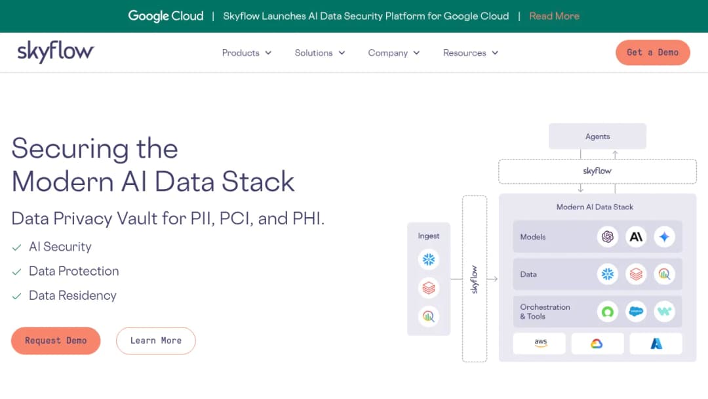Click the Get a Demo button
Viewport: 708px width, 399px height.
(x=652, y=52)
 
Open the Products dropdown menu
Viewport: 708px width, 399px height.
(x=246, y=53)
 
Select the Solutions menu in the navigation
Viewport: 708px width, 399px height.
(x=320, y=53)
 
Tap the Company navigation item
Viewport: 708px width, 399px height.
(x=394, y=53)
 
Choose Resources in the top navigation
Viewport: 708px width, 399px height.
(x=471, y=53)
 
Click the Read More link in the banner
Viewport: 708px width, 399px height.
(x=554, y=16)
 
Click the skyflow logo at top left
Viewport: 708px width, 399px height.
(x=56, y=51)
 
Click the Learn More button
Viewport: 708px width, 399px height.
(x=156, y=341)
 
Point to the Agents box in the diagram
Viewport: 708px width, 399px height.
(x=597, y=136)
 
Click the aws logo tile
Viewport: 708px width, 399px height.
(x=539, y=343)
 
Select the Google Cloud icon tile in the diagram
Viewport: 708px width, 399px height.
(x=597, y=343)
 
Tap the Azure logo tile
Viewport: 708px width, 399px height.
(x=656, y=343)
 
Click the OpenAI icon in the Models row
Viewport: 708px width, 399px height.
(x=607, y=236)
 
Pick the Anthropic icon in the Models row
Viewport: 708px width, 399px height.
(x=636, y=236)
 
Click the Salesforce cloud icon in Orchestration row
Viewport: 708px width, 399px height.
(x=636, y=311)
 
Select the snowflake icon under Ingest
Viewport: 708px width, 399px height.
(x=429, y=259)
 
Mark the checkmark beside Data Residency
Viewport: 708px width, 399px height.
(x=16, y=296)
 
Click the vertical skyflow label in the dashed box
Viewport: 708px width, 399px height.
(x=474, y=280)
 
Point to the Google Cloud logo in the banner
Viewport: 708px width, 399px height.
(x=166, y=16)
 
